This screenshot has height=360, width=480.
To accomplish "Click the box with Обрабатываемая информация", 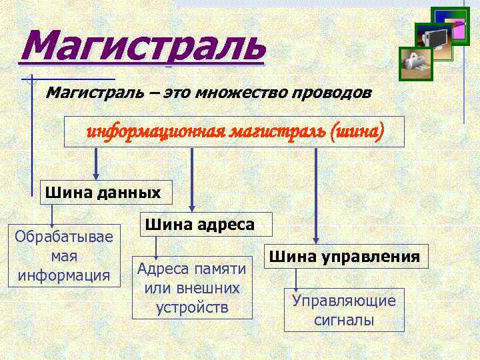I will pos(64,256).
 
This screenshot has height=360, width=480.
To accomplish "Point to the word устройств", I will pos(192,307).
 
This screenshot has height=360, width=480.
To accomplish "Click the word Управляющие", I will pos(344,301).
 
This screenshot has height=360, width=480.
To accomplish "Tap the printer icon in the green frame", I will pos(414,61).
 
